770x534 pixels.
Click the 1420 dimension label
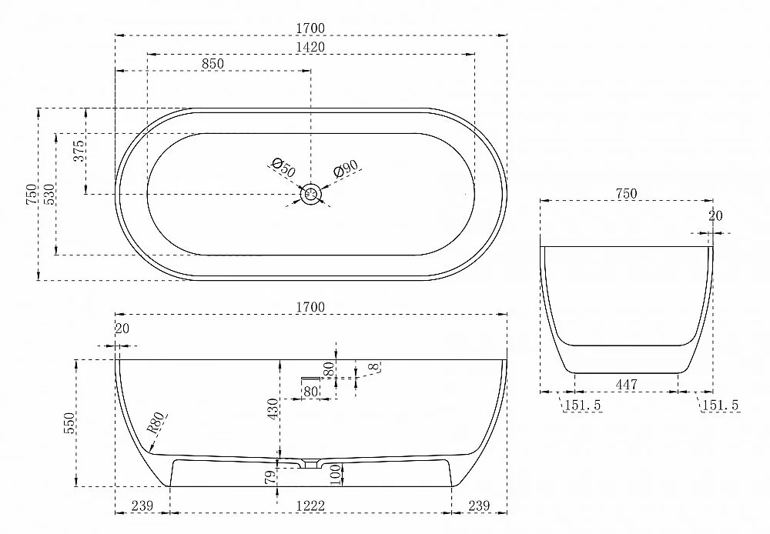coord(310,47)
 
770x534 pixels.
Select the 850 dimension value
coord(213,64)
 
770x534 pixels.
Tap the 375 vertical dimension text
coord(79,151)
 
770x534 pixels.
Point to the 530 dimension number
coord(49,195)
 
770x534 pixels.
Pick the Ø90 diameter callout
coord(345,169)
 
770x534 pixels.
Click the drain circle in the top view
coord(310,195)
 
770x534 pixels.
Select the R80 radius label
coord(156,423)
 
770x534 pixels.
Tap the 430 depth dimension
coord(273,409)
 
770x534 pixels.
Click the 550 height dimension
coord(69,423)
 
